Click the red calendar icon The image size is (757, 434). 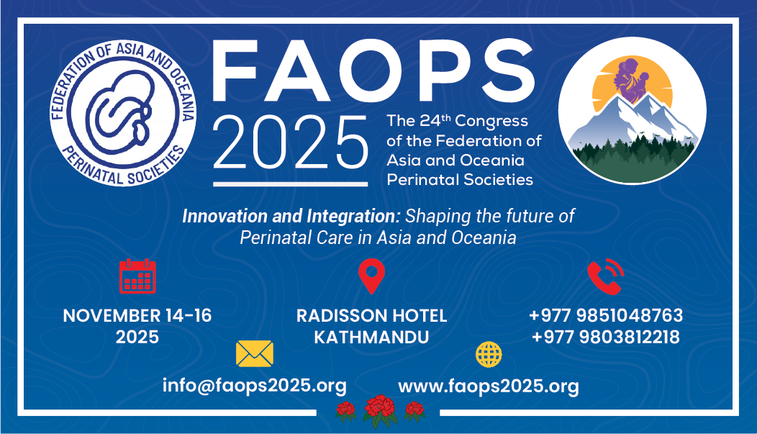click(137, 276)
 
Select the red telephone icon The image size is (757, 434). click(605, 276)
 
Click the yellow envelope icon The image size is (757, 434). click(255, 354)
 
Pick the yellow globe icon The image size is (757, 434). click(489, 354)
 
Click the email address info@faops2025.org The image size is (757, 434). click(255, 386)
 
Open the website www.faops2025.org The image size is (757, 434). click(489, 386)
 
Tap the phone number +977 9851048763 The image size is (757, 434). click(606, 315)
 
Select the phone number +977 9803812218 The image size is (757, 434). click(606, 337)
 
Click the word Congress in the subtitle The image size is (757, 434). click(491, 121)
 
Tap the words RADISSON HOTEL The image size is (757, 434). click(372, 316)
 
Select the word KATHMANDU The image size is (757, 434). click(372, 337)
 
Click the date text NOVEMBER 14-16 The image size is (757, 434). click(137, 316)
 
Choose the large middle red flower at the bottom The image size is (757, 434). click(381, 410)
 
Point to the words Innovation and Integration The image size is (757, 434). click(291, 216)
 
